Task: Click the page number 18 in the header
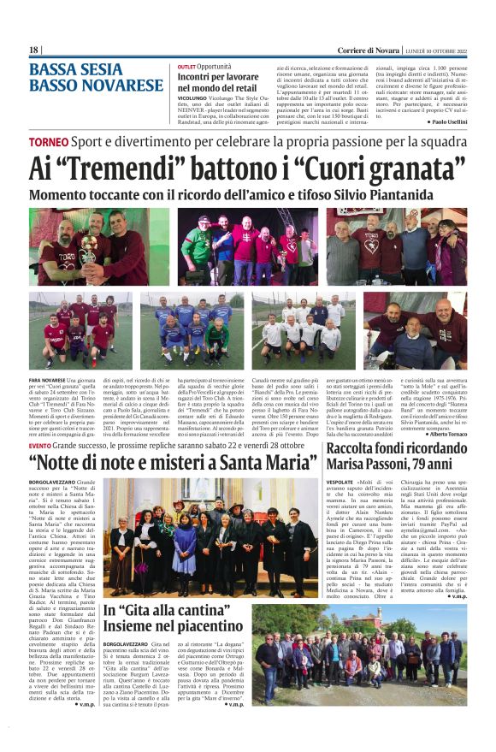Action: pyautogui.click(x=34, y=50)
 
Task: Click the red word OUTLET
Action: pyautogui.click(x=186, y=66)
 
